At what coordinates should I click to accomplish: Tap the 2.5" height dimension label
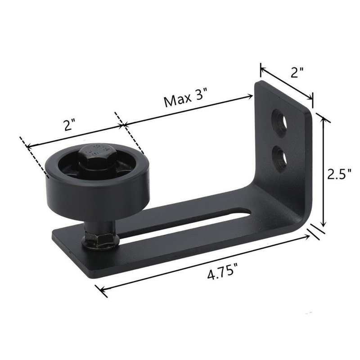[x=339, y=175]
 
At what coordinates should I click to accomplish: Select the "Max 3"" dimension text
[x=185, y=98]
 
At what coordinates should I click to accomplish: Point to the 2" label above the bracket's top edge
[x=297, y=72]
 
